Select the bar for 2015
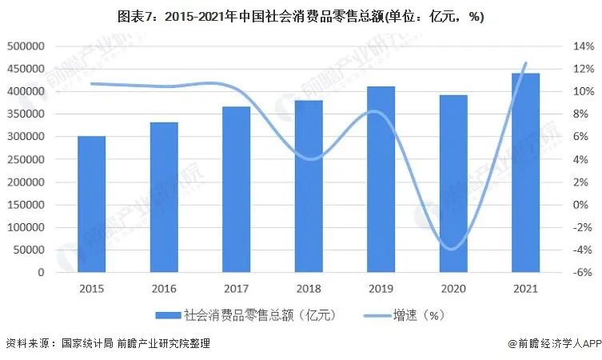[91, 204]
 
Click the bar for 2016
[164, 197]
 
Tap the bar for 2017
[236, 190]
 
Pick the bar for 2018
[309, 186]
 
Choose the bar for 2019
[381, 179]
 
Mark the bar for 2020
[453, 184]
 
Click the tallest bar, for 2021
[525, 173]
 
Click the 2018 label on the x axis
[309, 288]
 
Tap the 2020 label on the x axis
[453, 288]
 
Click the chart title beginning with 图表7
[301, 16]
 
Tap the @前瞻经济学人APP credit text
[552, 343]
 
